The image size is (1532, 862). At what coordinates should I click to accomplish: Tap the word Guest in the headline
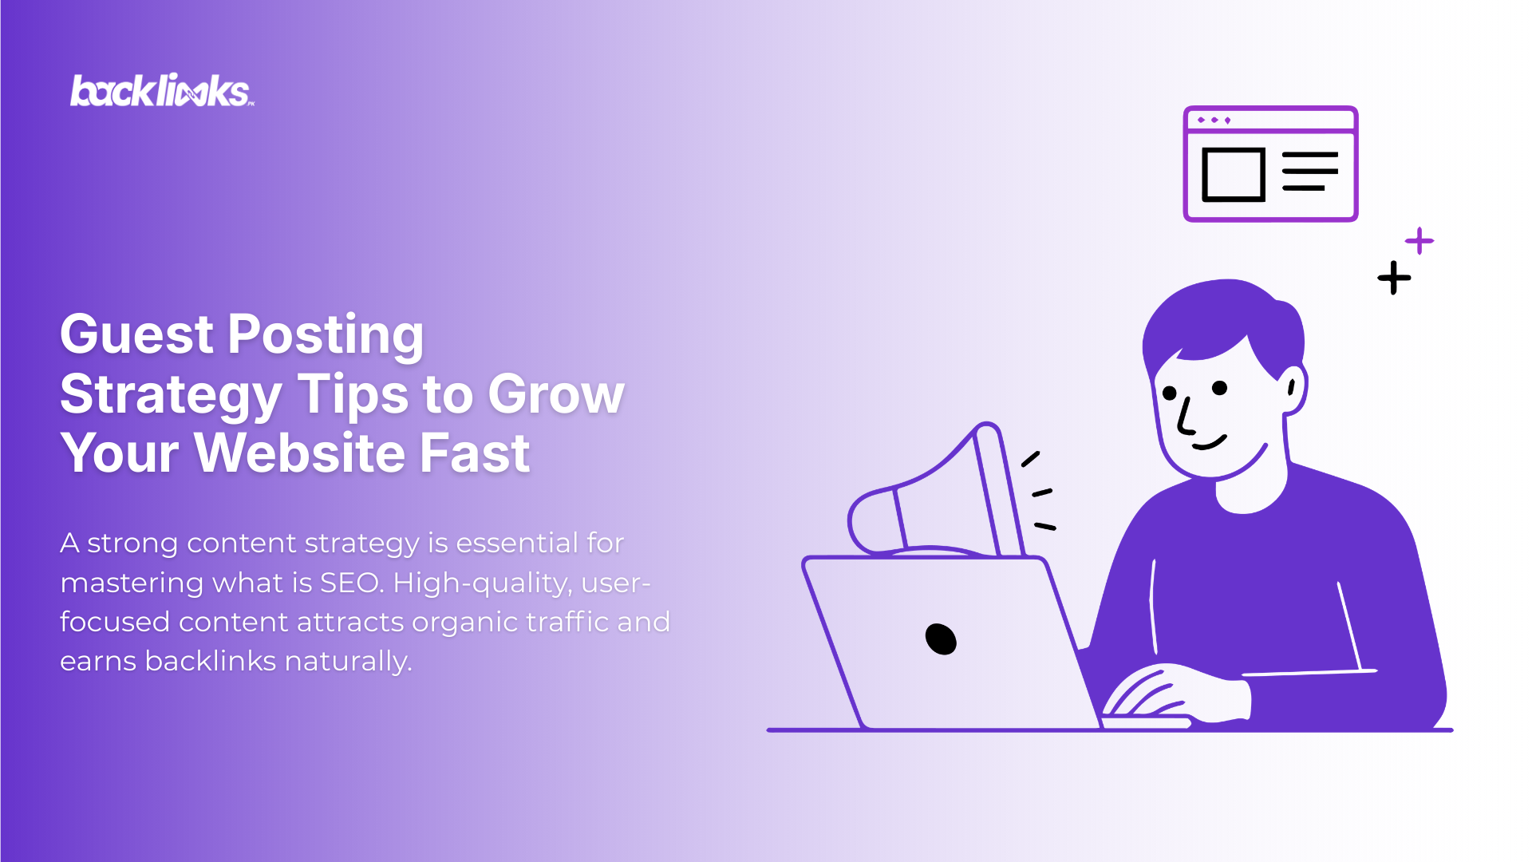tap(136, 334)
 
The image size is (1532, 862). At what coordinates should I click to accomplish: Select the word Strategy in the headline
tap(171, 394)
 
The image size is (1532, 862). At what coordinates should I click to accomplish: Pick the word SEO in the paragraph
tap(350, 583)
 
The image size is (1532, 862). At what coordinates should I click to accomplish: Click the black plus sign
tap(1394, 278)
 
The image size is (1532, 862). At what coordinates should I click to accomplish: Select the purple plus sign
tap(1419, 240)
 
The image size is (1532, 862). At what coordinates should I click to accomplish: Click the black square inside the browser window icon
tap(1234, 174)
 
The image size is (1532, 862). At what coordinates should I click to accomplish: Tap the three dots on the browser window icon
tap(1214, 121)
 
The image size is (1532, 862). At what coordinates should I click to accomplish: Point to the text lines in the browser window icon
tap(1309, 171)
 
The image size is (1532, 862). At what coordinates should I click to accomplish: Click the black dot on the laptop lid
tap(941, 639)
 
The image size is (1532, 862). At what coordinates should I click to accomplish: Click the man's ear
tap(1292, 389)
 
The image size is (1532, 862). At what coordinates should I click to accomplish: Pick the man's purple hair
tap(1221, 319)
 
